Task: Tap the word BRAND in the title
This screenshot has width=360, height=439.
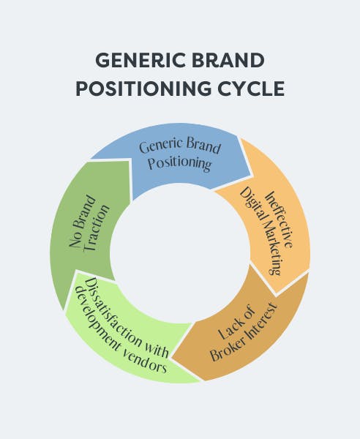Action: (x=228, y=60)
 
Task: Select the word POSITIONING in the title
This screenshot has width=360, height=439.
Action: (x=143, y=89)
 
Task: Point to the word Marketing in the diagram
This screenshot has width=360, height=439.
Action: (x=269, y=246)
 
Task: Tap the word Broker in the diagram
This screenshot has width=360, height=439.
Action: (x=227, y=347)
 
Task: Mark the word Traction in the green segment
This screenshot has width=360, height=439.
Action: (x=97, y=228)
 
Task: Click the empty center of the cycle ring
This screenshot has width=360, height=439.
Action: (x=180, y=253)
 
